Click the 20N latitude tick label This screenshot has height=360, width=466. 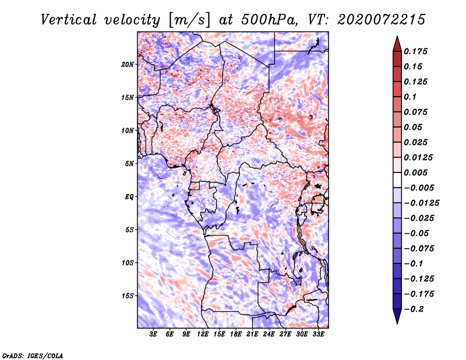[128, 64]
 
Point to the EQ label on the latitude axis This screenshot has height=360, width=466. [129, 197]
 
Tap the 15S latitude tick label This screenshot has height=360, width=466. [128, 296]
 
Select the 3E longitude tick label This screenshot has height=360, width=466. [153, 334]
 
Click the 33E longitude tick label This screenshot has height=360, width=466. [318, 334]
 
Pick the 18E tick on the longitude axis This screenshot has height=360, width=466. [236, 334]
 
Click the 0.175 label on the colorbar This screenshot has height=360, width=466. [415, 51]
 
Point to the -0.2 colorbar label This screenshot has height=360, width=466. [414, 309]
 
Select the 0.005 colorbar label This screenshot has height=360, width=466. [415, 172]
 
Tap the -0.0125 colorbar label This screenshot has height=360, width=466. [421, 203]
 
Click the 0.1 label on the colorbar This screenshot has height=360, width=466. [410, 97]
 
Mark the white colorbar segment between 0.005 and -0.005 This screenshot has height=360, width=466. [397, 180]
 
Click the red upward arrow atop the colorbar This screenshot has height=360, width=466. [397, 44]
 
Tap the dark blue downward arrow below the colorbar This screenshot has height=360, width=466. [397, 316]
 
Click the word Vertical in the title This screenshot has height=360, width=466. [69, 20]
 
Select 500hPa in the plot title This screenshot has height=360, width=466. [270, 20]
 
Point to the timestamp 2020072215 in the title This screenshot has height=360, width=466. [382, 20]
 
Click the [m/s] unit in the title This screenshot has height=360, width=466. [189, 20]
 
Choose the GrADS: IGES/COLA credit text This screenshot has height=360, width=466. [33, 355]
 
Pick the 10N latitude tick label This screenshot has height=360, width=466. [128, 130]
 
